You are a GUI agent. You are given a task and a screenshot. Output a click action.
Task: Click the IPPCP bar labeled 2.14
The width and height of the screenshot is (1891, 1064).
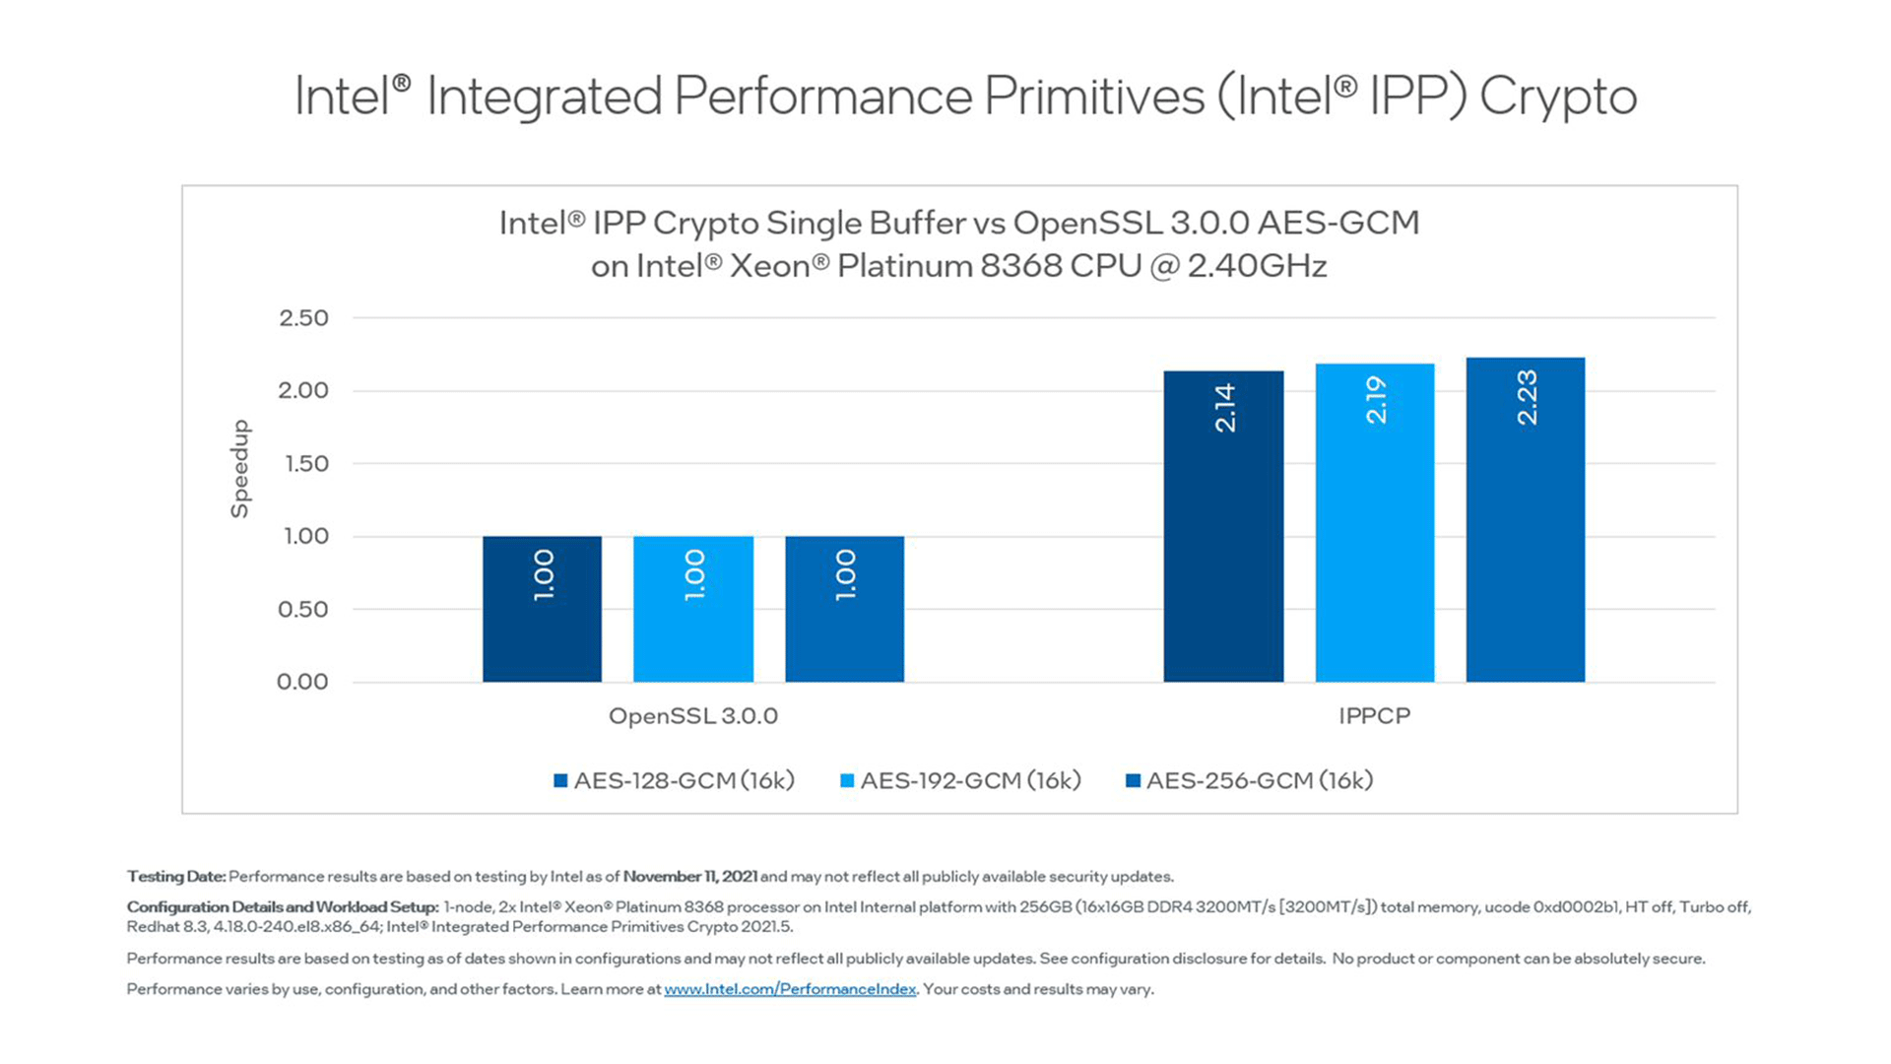(1223, 526)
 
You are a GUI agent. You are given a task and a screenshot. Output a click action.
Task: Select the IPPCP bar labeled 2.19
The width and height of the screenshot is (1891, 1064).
(1375, 522)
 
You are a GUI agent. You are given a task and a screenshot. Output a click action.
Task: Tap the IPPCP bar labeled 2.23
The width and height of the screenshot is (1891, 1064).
(1526, 519)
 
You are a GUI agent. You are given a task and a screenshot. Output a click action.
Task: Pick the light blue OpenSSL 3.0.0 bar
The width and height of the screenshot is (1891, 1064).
(693, 609)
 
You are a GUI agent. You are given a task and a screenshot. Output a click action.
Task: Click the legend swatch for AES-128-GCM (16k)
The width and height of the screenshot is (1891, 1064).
(560, 781)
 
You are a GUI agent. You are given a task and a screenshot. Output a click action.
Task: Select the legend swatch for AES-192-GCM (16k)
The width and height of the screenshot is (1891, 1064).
(847, 781)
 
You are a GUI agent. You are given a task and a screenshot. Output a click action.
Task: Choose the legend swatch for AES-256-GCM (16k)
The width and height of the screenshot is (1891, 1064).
(1133, 781)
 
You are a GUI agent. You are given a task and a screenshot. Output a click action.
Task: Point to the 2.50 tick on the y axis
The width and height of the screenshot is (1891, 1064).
(303, 318)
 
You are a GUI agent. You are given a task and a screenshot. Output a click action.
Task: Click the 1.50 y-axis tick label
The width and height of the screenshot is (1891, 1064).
(305, 464)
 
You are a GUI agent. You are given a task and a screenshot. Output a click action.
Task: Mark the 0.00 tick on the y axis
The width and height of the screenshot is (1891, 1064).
(302, 682)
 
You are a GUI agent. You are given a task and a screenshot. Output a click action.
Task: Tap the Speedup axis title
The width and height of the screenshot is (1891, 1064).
(239, 469)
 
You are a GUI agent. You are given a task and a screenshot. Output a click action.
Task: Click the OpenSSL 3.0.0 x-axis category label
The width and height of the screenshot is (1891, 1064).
(693, 716)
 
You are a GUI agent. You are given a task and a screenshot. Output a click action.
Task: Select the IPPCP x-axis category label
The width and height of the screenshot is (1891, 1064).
(1374, 716)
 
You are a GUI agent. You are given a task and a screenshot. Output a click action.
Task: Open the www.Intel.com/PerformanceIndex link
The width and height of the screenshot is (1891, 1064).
(790, 989)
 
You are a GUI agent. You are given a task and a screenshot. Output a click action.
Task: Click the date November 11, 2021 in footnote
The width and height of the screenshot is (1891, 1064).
(689, 877)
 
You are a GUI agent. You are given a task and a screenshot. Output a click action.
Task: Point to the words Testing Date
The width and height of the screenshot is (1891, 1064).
(175, 877)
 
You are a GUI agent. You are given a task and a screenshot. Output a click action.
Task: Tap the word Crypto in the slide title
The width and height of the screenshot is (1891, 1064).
(1557, 97)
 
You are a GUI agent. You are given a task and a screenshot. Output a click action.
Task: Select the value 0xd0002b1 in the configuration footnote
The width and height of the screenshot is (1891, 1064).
(1576, 907)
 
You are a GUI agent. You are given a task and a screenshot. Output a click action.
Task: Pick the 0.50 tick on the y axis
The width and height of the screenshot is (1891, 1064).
(302, 610)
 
